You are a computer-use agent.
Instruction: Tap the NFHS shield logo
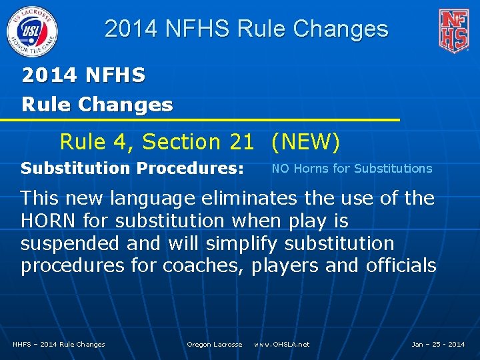click(x=453, y=30)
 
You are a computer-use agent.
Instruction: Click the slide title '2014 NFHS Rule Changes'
click(x=247, y=29)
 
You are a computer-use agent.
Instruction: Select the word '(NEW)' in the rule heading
click(x=305, y=142)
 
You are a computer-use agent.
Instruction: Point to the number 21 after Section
click(x=241, y=142)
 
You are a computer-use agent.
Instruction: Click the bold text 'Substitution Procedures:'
click(x=132, y=169)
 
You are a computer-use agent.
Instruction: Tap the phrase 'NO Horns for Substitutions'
click(x=352, y=169)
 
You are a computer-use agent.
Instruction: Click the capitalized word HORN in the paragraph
click(x=47, y=221)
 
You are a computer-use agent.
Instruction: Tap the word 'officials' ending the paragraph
click(x=401, y=266)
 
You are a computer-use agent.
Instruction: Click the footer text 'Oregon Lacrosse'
click(x=215, y=345)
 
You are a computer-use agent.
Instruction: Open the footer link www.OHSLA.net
click(x=282, y=345)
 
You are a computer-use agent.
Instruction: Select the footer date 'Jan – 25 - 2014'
click(x=438, y=345)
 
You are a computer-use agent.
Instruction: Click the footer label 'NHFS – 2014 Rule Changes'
click(x=59, y=345)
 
